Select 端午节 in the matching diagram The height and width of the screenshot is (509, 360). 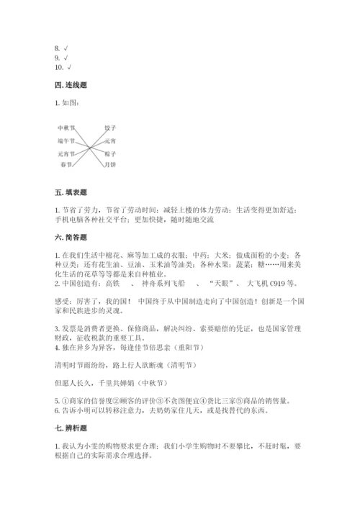coord(66,140)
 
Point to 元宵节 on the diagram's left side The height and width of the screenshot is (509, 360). coord(66,153)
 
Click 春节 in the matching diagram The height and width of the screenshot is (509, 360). coord(66,165)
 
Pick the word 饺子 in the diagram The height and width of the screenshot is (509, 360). coord(109,127)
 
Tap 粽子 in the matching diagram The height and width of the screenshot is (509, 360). coord(109,153)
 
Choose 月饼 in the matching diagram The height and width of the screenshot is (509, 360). coord(109,165)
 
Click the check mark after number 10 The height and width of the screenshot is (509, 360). coord(69,67)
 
